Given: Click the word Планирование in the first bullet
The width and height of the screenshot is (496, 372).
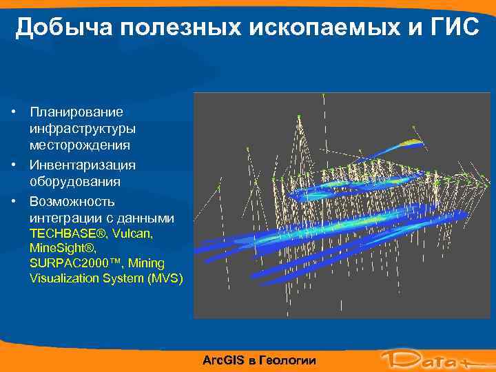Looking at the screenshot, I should click(x=76, y=112).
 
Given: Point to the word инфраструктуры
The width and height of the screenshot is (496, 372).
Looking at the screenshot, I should click(x=82, y=129).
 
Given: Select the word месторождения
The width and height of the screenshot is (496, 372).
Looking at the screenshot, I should click(x=79, y=145).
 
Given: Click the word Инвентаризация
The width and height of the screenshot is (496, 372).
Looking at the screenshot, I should click(x=82, y=165).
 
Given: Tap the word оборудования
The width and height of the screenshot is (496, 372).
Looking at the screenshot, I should click(x=74, y=183).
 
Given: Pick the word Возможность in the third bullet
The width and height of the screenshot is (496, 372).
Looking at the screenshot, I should click(x=72, y=202).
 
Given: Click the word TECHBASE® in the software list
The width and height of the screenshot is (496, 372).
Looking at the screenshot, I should click(x=64, y=234).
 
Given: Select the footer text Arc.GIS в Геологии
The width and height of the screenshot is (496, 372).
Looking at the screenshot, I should click(x=259, y=360).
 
